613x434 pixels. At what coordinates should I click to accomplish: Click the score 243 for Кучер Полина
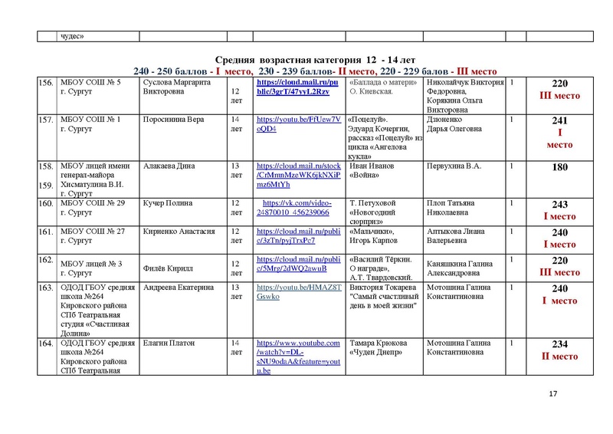click(565, 205)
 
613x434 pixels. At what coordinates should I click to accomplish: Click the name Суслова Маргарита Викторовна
click(171, 87)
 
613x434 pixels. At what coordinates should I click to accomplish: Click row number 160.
click(45, 204)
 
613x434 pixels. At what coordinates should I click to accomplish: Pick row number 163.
click(45, 288)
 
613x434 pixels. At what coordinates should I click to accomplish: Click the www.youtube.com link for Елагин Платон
click(298, 356)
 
